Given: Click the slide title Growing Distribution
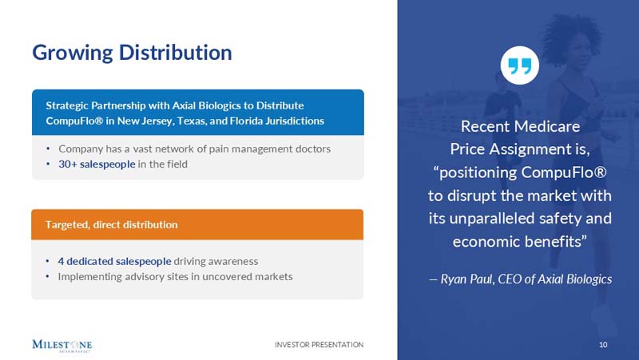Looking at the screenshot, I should (x=132, y=53).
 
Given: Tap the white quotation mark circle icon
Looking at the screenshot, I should (x=519, y=65).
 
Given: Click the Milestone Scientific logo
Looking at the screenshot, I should (x=62, y=345).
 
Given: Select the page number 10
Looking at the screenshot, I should (x=603, y=345).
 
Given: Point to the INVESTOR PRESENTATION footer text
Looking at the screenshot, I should (x=319, y=345).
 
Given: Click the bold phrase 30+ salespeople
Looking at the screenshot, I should (x=90, y=164).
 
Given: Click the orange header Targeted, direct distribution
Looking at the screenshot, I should (x=112, y=224).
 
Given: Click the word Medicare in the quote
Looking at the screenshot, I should (x=551, y=127).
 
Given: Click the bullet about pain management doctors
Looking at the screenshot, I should (x=194, y=148).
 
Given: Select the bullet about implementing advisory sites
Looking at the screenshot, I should (x=175, y=277).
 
